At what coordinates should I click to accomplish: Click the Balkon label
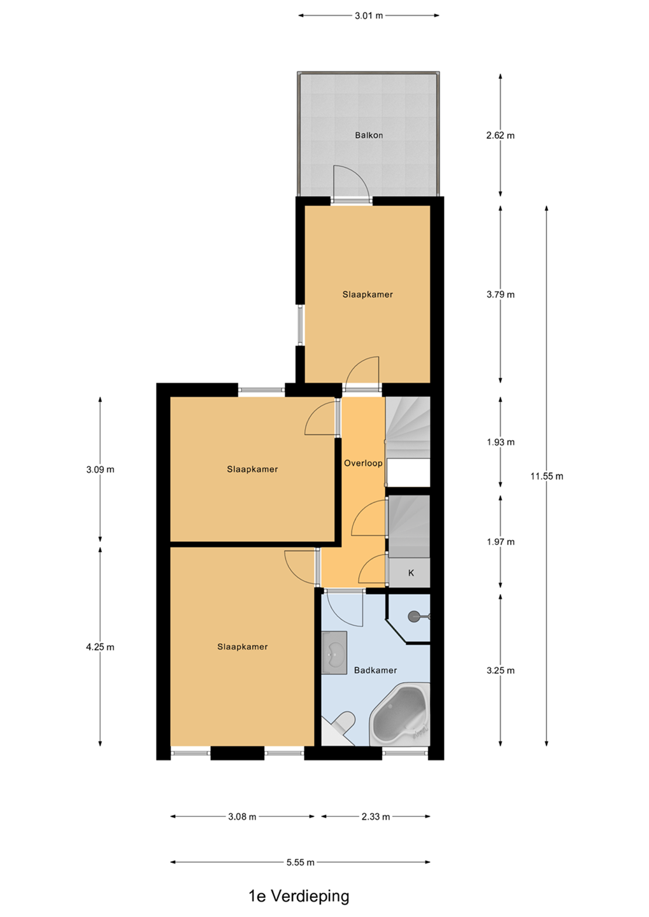(369, 135)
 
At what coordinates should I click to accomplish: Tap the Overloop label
(363, 463)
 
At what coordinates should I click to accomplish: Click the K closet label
(411, 572)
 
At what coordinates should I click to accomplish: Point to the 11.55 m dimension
(546, 476)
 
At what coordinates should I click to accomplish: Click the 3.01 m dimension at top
(369, 15)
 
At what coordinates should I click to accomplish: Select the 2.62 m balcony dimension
(501, 135)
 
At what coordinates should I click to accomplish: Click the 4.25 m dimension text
(100, 647)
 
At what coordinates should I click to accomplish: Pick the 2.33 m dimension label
(376, 816)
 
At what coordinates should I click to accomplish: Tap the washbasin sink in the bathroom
(334, 652)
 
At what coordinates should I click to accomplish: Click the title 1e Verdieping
(299, 897)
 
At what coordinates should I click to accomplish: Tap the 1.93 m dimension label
(501, 442)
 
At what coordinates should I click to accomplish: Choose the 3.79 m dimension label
(501, 294)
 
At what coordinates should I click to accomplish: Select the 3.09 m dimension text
(100, 469)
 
